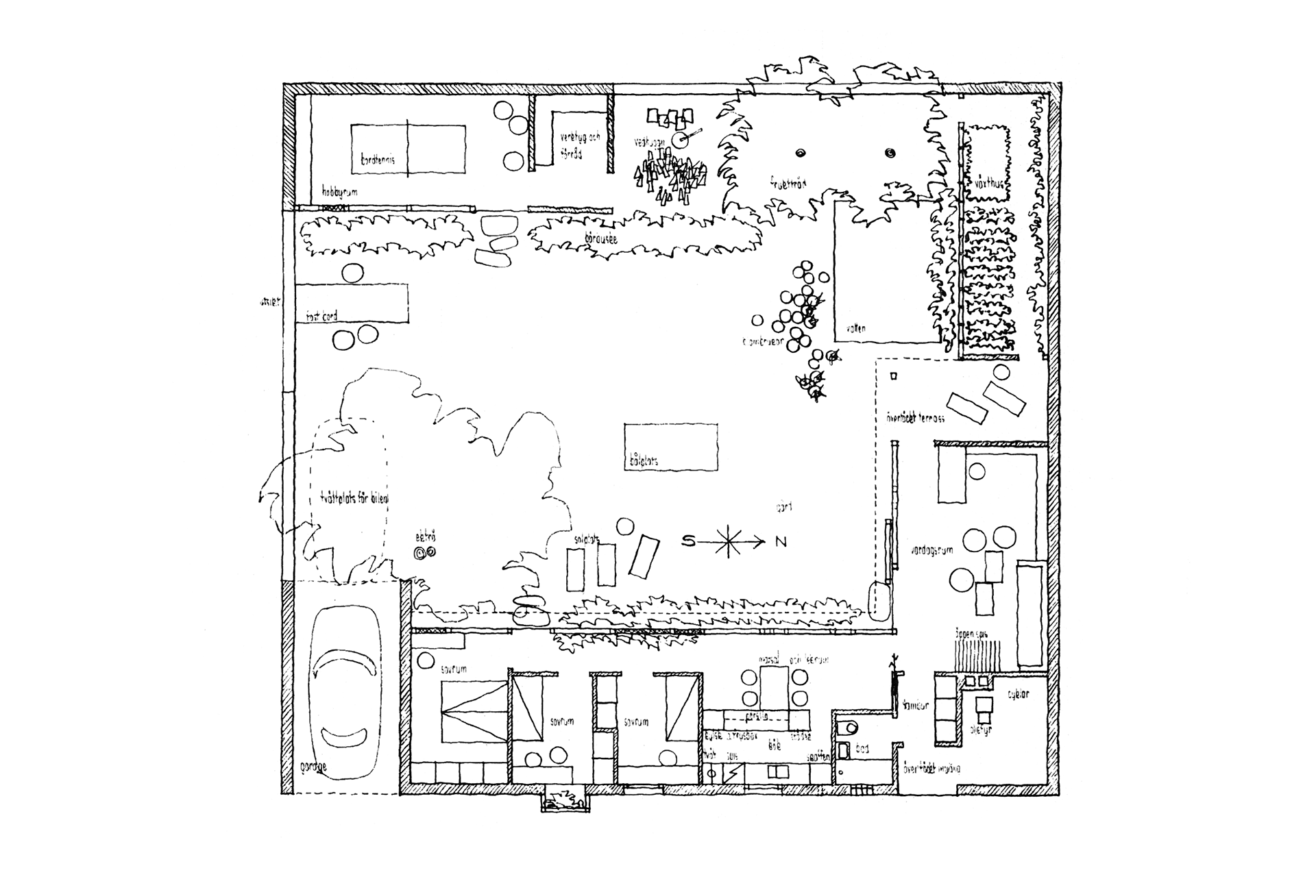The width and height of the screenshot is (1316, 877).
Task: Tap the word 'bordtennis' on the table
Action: (382, 161)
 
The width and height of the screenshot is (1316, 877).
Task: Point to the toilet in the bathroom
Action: (848, 729)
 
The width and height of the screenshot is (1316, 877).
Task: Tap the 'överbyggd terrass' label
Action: (911, 417)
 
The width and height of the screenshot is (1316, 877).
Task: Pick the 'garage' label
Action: (314, 767)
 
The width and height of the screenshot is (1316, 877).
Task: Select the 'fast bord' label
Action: (321, 316)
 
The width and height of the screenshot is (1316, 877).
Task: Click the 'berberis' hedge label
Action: (602, 239)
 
